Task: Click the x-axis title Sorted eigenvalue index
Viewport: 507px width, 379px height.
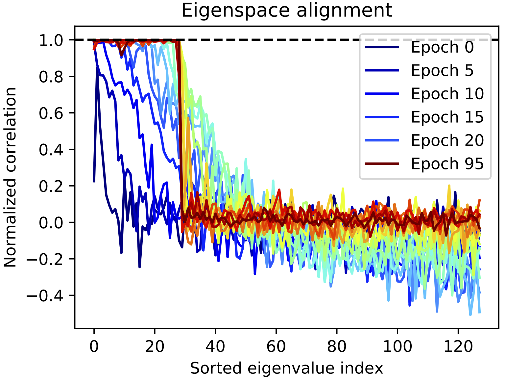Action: tap(287, 368)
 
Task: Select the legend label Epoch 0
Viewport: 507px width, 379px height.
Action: tap(442, 47)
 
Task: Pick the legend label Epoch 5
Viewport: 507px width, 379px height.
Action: tap(442, 71)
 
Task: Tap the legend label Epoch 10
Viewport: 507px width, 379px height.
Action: tap(447, 94)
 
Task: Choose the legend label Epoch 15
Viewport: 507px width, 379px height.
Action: tap(447, 117)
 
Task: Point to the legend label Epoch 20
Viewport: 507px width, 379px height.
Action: tap(447, 141)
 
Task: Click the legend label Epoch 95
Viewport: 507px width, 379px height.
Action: tap(447, 164)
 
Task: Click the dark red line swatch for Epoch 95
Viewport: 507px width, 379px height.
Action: tap(382, 164)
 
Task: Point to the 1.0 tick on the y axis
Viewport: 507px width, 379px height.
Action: tap(51, 40)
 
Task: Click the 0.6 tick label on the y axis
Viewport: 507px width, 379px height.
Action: tap(51, 113)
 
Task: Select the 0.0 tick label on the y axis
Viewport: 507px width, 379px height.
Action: tap(51, 223)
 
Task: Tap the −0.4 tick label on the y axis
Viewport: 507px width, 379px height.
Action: tap(45, 296)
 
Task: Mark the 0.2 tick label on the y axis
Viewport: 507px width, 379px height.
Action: tap(51, 186)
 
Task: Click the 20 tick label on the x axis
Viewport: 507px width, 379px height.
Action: tap(155, 346)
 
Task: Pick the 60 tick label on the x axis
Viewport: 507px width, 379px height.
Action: tap(276, 346)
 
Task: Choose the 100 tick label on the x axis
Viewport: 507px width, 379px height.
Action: tap(398, 346)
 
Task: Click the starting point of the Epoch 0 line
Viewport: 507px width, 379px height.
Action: tap(94, 182)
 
